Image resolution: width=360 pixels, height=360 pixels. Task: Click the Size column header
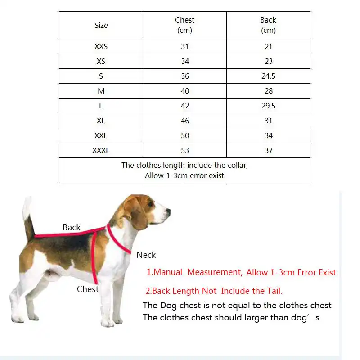(x=101, y=25)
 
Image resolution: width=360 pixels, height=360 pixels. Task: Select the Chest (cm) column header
(x=184, y=25)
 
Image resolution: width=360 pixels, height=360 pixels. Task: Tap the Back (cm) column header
(x=268, y=25)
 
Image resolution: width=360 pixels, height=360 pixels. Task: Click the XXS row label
(x=101, y=46)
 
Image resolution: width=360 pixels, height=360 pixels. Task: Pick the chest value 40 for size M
(x=184, y=91)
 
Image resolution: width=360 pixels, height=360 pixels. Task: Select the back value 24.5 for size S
(x=268, y=76)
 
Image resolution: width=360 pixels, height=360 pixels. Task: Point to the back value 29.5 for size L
(x=268, y=106)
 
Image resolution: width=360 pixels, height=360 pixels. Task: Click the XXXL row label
(x=101, y=150)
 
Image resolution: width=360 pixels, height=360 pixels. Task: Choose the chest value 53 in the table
(x=184, y=150)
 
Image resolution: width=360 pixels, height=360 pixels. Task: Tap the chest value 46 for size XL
(x=184, y=121)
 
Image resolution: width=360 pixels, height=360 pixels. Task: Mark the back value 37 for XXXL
(x=268, y=150)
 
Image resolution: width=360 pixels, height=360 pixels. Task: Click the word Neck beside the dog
(x=146, y=255)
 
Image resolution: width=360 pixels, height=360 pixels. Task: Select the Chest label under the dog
(x=88, y=289)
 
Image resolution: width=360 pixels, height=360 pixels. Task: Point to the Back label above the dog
(x=72, y=228)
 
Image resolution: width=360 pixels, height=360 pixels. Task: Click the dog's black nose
(x=169, y=210)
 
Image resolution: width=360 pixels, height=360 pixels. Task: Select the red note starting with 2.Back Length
(x=214, y=291)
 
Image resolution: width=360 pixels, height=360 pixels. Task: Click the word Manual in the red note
(x=168, y=272)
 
